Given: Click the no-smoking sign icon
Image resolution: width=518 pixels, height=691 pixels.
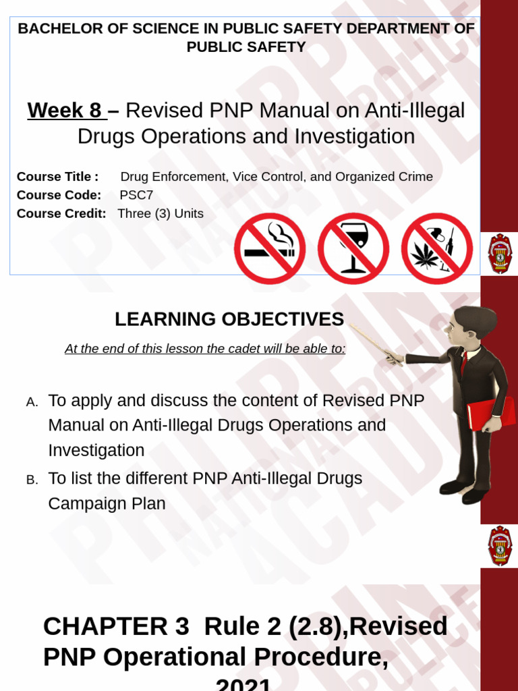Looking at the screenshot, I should [x=269, y=248].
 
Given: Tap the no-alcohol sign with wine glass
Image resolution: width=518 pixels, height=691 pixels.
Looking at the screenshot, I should [x=353, y=248].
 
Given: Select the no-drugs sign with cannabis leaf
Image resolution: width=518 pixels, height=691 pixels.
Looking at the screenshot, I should [x=436, y=248].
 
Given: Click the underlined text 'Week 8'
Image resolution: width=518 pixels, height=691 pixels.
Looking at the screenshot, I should [x=65, y=110].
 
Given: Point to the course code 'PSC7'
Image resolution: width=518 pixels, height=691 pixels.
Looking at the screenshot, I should [x=136, y=195].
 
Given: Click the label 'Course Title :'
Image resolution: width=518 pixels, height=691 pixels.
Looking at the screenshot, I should [x=57, y=177].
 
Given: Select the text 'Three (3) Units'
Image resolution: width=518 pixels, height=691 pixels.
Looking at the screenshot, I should [x=161, y=214].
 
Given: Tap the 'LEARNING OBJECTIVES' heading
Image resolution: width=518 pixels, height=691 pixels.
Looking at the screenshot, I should [x=229, y=319].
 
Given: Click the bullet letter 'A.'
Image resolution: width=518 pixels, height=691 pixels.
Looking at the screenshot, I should [x=32, y=402].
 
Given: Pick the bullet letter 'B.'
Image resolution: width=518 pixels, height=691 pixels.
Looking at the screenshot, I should [x=32, y=480].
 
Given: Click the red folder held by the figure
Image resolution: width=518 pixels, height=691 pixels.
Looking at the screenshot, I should [x=491, y=412].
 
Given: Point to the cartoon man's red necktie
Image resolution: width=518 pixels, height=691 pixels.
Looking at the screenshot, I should [x=464, y=362].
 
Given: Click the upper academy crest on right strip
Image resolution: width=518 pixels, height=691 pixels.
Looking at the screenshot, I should [x=500, y=253].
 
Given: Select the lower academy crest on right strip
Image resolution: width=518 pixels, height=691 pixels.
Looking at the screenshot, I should [x=500, y=546].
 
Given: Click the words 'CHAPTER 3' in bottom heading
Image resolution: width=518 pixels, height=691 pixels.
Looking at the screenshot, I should [x=116, y=626].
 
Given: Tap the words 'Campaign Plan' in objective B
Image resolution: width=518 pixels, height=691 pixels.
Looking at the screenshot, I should [x=107, y=504].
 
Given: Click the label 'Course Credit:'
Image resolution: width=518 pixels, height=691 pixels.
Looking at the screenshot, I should [x=61, y=214].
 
